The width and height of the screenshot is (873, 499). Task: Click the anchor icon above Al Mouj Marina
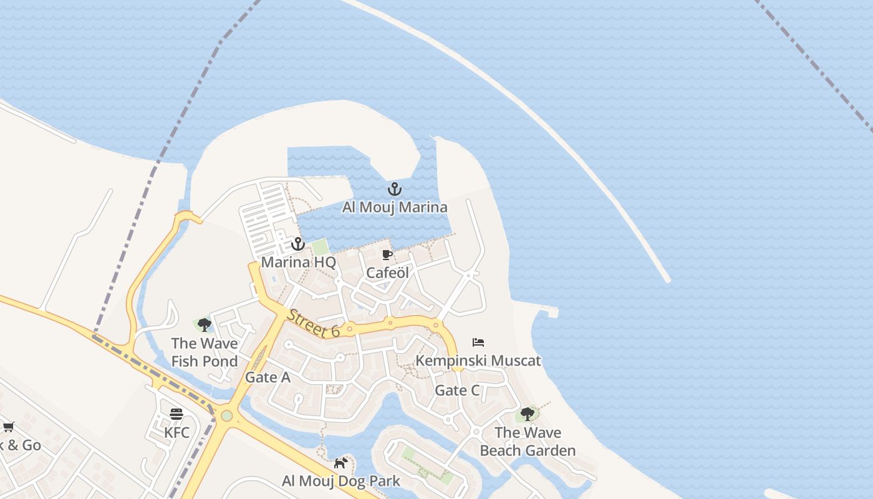[394, 189]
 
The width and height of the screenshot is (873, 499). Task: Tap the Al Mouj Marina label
[394, 207]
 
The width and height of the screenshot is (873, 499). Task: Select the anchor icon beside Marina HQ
[297, 244]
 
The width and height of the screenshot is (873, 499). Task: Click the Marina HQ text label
[298, 262]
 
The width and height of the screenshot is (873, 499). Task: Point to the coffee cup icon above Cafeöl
[387, 254]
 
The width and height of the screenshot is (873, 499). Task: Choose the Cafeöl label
[387, 273]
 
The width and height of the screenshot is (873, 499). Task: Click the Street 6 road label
[314, 323]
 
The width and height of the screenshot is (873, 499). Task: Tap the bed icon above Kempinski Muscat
[478, 342]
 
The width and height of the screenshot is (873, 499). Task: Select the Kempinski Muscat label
[478, 361]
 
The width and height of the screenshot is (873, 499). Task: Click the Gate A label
[268, 377]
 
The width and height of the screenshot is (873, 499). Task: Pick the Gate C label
[457, 390]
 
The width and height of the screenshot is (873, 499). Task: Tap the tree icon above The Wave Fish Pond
[204, 325]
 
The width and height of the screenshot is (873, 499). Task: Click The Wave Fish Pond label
[204, 352]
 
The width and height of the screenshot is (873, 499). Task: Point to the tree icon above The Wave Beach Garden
[528, 414]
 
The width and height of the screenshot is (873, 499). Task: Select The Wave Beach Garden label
[528, 442]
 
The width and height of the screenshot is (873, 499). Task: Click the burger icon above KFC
[176, 414]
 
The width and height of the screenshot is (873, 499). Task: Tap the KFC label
[176, 432]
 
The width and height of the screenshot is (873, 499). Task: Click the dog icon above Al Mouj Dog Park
[340, 463]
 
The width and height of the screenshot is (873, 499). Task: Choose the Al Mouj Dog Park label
[340, 481]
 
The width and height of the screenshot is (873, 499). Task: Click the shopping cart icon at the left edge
[8, 427]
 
